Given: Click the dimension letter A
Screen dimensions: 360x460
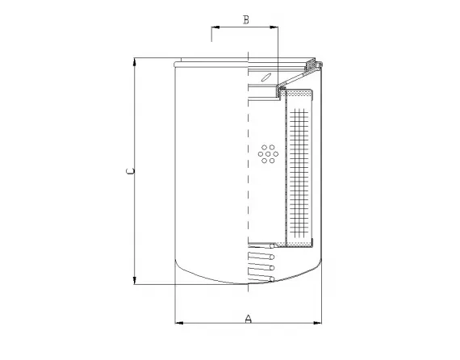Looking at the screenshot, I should click(x=248, y=318).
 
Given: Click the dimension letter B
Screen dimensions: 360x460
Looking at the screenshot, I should click(x=245, y=20).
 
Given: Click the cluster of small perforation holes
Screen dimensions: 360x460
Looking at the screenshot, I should click(x=267, y=153).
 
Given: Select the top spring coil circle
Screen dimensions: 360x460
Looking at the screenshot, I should click(x=272, y=257).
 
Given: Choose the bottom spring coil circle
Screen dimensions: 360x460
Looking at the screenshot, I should click(x=272, y=278).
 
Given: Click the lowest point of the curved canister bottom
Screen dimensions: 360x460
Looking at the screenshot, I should click(x=247, y=284).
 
